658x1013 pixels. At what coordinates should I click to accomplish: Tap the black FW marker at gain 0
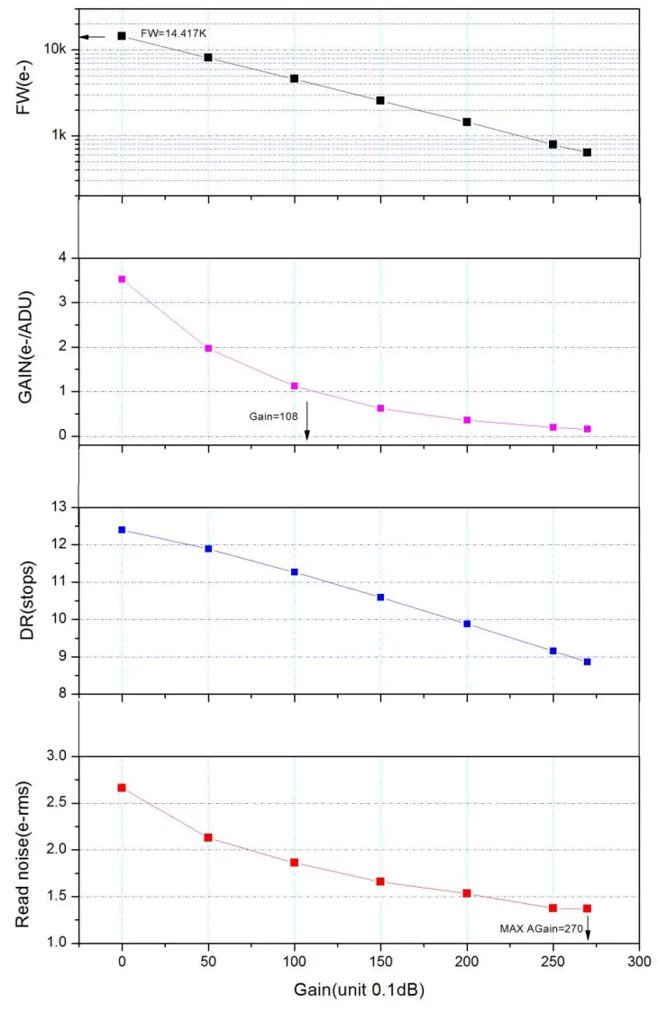pyautogui.click(x=122, y=36)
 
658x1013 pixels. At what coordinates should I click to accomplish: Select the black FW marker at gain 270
pyautogui.click(x=587, y=152)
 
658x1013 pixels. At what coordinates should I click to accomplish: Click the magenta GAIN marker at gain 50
pyautogui.click(x=208, y=348)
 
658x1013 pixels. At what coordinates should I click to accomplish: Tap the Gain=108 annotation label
pyautogui.click(x=272, y=417)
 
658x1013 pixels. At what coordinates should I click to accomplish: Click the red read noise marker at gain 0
pyautogui.click(x=122, y=788)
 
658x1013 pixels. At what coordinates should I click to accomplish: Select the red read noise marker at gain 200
pyautogui.click(x=467, y=893)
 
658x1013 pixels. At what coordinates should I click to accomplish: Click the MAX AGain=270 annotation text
pyautogui.click(x=541, y=926)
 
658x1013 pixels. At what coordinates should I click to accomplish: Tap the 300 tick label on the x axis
pyautogui.click(x=639, y=963)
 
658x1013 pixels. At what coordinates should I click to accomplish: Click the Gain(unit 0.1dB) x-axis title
pyautogui.click(x=359, y=990)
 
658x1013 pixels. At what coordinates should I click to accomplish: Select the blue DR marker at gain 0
pyautogui.click(x=122, y=530)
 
